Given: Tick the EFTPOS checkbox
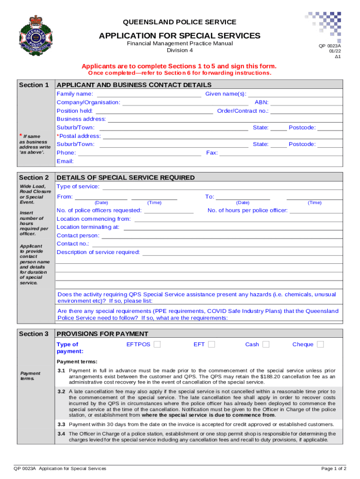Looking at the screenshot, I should click(x=157, y=345).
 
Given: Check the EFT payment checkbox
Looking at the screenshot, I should click(x=211, y=345).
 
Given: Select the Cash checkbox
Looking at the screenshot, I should click(x=266, y=345).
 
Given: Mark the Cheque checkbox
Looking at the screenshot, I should click(x=320, y=345).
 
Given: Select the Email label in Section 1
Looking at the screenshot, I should click(x=65, y=161).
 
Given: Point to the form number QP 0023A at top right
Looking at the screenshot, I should click(x=330, y=46).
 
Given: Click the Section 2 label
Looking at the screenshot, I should click(x=34, y=178).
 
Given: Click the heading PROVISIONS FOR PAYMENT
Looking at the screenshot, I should click(x=102, y=334).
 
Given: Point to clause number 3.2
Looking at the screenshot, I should click(x=61, y=392).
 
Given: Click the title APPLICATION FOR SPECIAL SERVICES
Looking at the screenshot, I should click(x=180, y=36).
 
